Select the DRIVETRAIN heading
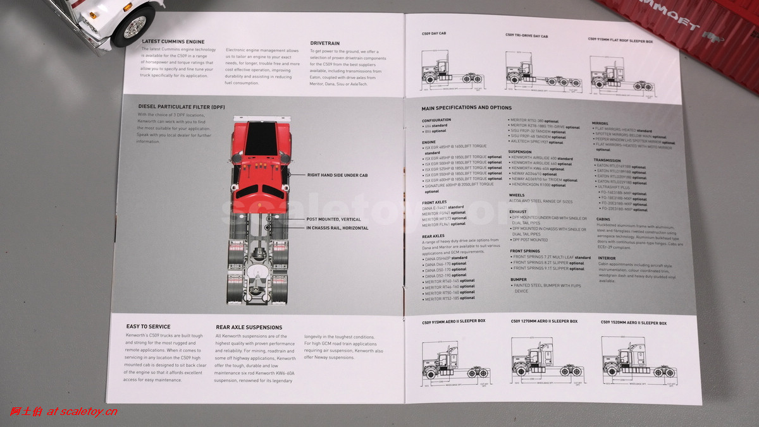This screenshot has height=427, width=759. [x=325, y=43]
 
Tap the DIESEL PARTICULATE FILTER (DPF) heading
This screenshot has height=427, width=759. [x=182, y=107]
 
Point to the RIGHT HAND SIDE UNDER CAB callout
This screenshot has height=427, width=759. [x=337, y=175]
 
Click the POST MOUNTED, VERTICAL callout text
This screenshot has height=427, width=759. [x=334, y=219]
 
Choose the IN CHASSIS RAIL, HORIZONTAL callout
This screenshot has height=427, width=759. [x=337, y=228]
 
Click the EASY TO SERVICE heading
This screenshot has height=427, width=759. [x=148, y=327]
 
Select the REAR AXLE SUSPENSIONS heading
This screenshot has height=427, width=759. [x=249, y=327]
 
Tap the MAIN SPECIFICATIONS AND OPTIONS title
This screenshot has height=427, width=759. [x=467, y=108]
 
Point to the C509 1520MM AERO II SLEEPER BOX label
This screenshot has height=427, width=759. [x=633, y=323]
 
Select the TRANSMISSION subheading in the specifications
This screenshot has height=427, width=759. [x=607, y=160]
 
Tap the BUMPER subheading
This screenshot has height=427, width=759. [x=519, y=279]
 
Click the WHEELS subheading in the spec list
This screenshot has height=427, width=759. [x=517, y=195]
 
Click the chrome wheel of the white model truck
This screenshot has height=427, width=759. [x=135, y=27]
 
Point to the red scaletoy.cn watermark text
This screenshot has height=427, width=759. [x=63, y=412]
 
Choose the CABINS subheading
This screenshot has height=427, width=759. [x=603, y=219]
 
